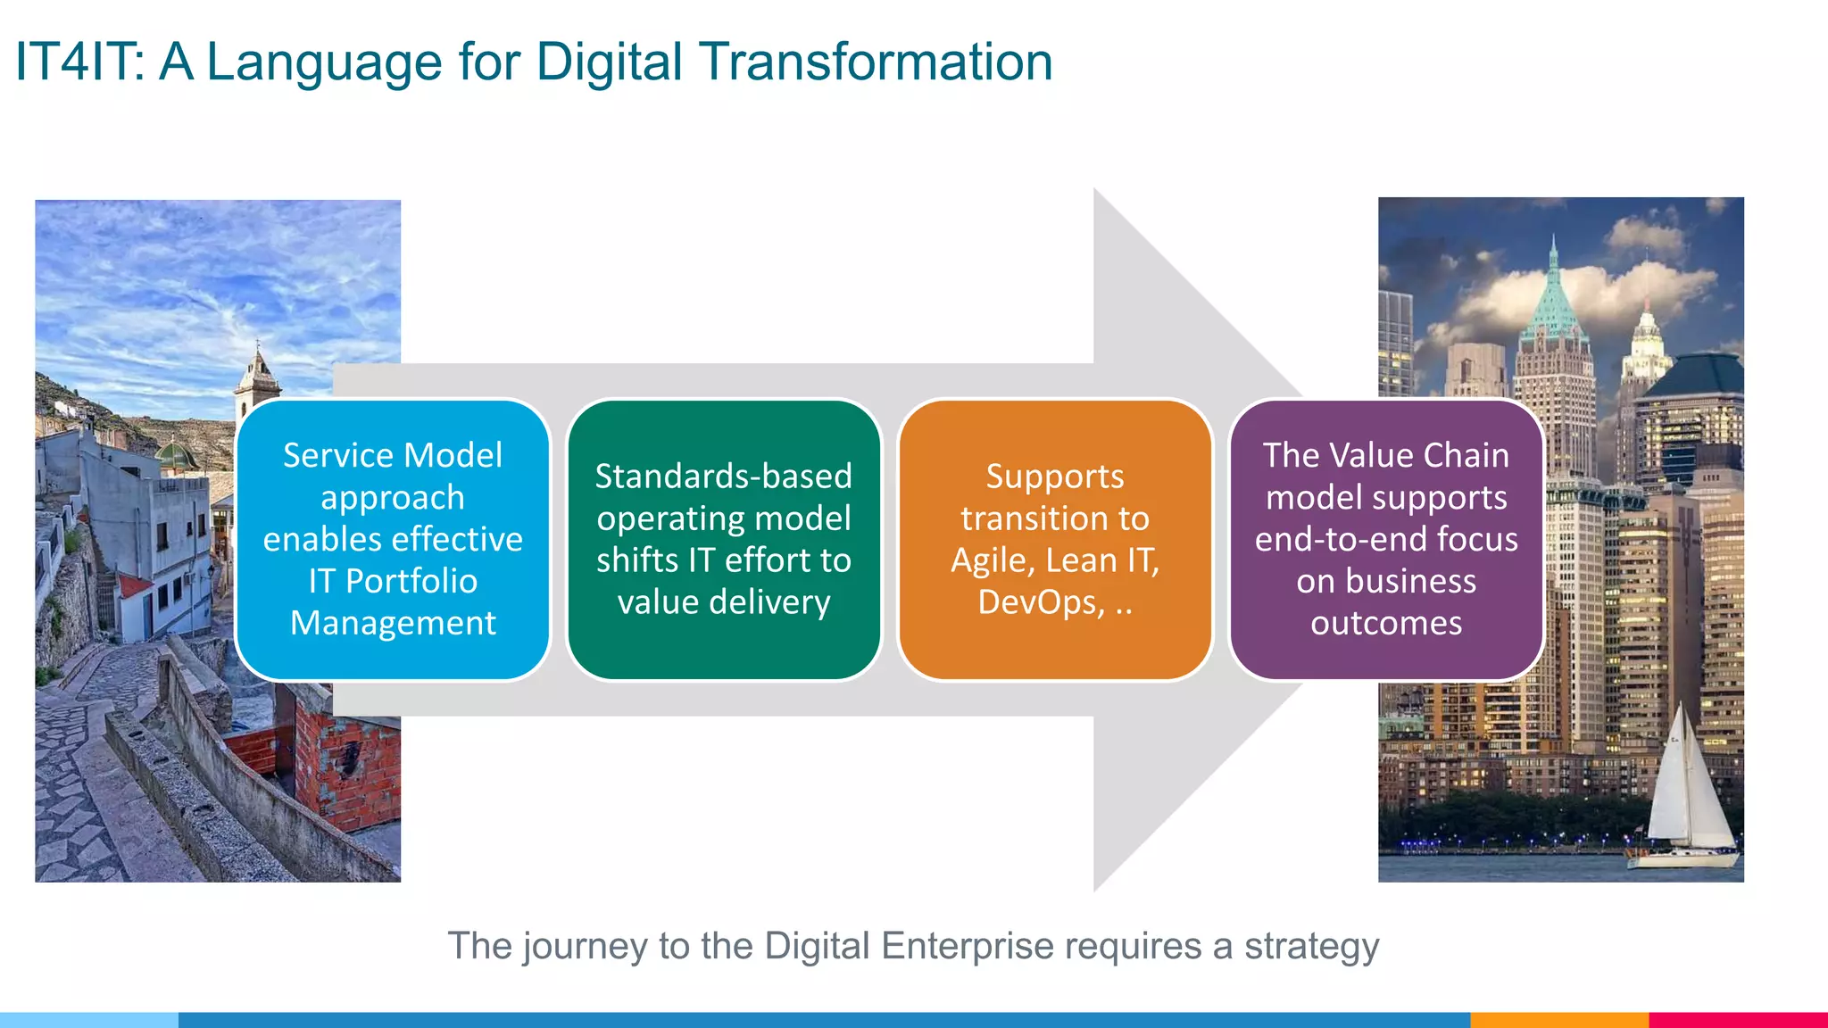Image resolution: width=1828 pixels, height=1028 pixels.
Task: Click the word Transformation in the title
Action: click(876, 62)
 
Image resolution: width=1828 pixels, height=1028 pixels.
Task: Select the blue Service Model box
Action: click(393, 540)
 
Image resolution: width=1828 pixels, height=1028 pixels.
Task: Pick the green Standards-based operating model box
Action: click(723, 540)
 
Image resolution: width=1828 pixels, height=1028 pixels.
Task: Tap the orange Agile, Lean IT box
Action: click(1054, 540)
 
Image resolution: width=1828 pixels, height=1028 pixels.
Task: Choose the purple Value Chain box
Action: click(1386, 540)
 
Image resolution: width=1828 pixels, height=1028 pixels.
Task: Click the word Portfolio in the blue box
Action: click(411, 582)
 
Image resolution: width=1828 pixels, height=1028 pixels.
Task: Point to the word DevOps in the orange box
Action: click(1041, 603)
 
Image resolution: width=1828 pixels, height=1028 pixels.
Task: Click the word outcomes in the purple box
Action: click(1386, 624)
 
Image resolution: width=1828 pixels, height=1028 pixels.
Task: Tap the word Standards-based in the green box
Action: click(723, 477)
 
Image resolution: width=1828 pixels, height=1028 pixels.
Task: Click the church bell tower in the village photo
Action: click(258, 384)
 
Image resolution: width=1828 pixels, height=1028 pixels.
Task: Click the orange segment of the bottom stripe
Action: click(1558, 1019)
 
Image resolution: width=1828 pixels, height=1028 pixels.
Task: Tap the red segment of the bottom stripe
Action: click(1737, 1019)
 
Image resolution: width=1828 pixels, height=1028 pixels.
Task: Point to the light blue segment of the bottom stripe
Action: click(89, 1019)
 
